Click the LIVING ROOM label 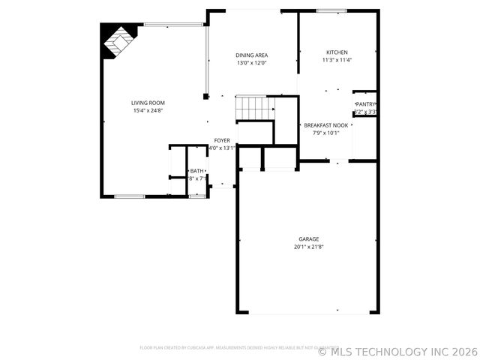click(x=148, y=103)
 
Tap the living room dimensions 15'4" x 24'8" click(x=148, y=111)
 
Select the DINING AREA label click(x=252, y=55)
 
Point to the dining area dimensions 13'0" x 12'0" click(x=252, y=63)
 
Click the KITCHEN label click(x=337, y=52)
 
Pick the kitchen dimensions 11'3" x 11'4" click(x=337, y=60)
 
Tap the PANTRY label click(x=366, y=104)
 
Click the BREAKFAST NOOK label click(x=325, y=124)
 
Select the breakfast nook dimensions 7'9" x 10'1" click(x=325, y=133)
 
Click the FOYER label click(x=222, y=140)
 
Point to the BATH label click(x=197, y=171)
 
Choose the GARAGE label click(x=308, y=239)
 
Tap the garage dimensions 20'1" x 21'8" click(x=308, y=247)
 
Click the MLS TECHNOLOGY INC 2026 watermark click(x=397, y=350)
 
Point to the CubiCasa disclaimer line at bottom click(x=238, y=348)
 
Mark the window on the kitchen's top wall click(x=331, y=10)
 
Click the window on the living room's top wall click(x=166, y=24)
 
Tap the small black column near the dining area click(x=205, y=96)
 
